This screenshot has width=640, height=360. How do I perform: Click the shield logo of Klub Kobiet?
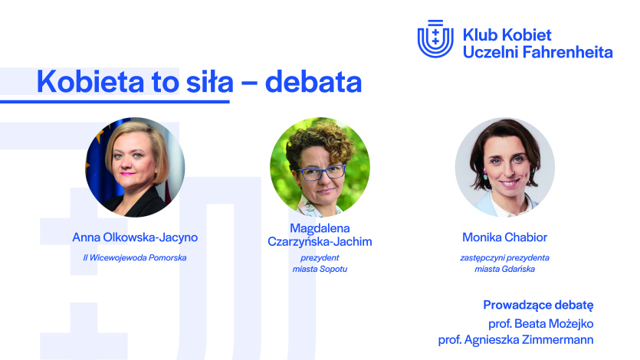pos(435,39)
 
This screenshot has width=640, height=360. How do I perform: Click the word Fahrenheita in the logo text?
pos(567,52)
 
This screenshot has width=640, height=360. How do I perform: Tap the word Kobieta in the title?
pos(90,81)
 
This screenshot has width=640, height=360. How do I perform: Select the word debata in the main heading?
pos(313,81)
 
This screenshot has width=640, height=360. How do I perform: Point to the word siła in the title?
pos(210,81)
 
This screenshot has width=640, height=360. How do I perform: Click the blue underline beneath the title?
pos(115,102)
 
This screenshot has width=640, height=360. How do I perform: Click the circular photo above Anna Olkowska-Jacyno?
pos(135,167)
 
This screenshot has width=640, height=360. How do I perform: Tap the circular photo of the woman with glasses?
pos(320,167)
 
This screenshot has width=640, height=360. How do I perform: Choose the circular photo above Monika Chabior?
pos(505,167)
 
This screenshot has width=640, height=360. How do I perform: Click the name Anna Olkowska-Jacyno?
pos(135,237)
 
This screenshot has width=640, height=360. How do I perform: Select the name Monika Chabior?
pos(505,237)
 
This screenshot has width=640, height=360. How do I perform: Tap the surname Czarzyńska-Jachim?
pos(320,242)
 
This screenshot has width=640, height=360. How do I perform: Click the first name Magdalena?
pos(320,228)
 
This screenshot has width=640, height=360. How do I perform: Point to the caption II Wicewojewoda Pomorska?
pos(135,257)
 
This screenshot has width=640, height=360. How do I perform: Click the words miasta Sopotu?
pos(320,269)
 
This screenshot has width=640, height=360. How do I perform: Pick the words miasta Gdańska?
pos(505,269)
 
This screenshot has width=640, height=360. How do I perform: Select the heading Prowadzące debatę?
pos(538,305)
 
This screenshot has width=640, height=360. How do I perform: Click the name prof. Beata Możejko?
pos(541,324)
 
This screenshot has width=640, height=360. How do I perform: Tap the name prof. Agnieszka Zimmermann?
pos(516,339)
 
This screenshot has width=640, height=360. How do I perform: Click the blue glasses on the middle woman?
pos(321,173)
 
